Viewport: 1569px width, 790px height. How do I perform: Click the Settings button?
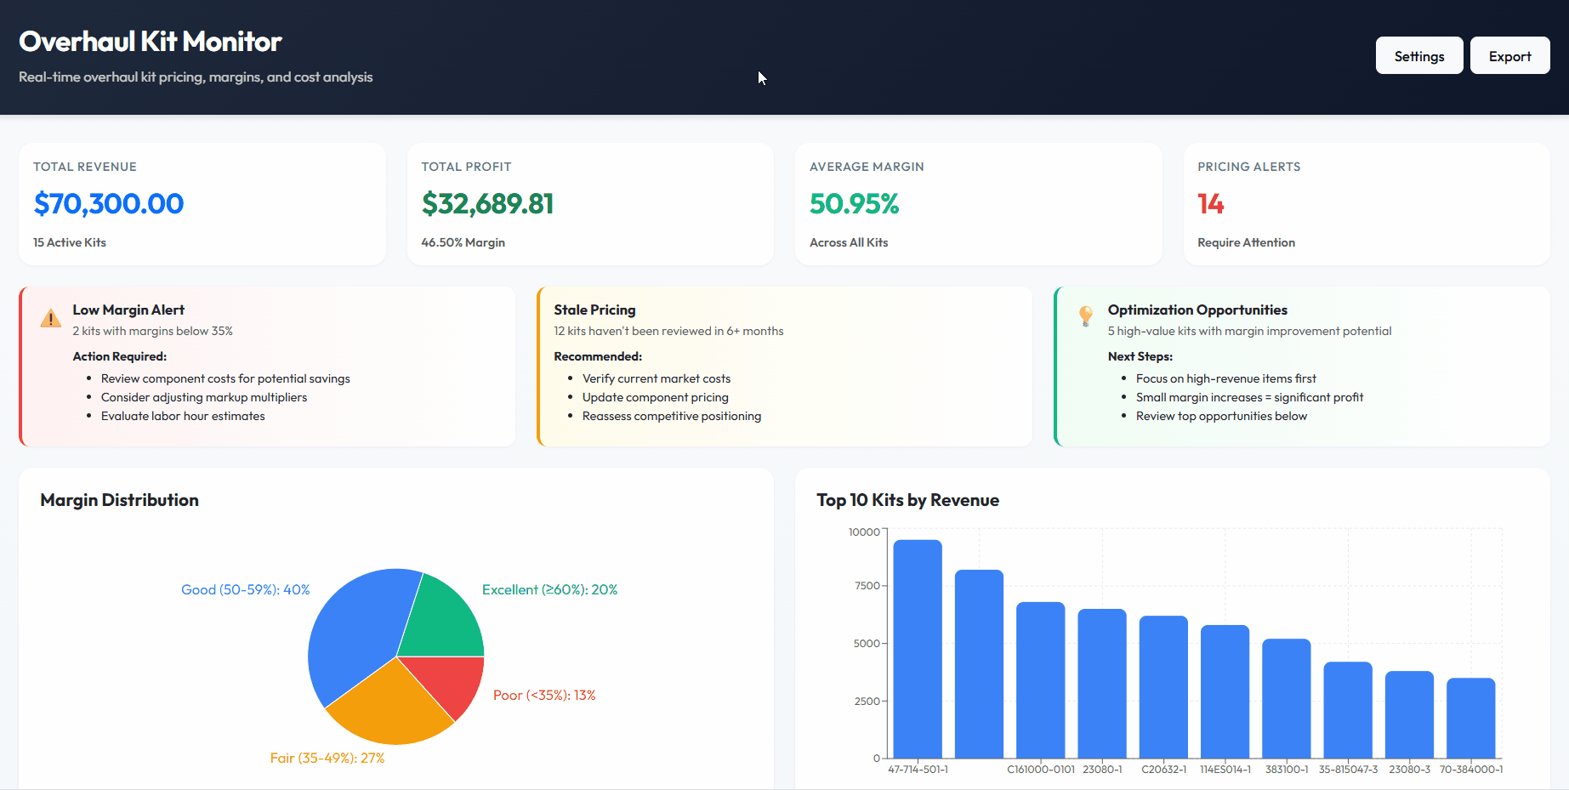[1418, 56]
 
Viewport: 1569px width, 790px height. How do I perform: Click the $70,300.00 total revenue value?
[109, 204]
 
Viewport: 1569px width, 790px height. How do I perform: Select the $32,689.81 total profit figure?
[487, 204]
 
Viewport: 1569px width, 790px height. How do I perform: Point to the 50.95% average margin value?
[854, 204]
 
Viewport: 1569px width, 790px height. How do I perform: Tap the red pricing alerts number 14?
[1210, 204]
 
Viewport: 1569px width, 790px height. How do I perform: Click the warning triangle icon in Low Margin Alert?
[51, 318]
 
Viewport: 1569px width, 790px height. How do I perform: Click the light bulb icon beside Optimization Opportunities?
[1085, 315]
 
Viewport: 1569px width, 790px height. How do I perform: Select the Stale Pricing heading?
[594, 310]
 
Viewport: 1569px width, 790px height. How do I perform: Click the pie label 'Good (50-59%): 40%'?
[245, 590]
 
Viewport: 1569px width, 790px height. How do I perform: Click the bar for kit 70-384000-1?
[1470, 718]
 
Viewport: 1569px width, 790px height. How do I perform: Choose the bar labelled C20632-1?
[1163, 687]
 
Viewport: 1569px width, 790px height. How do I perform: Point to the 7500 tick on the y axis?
[867, 586]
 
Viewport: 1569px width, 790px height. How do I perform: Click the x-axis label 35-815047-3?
[1348, 770]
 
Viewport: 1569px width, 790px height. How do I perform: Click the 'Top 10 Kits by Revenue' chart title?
[907, 500]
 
